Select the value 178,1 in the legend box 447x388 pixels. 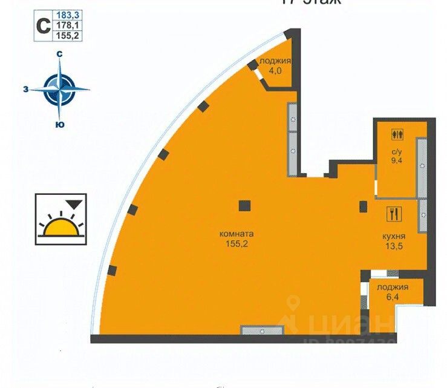click(x=67, y=25)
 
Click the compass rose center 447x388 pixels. click(x=60, y=89)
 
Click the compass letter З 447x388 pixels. click(x=25, y=89)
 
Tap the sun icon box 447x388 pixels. click(x=60, y=219)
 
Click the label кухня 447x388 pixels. click(x=394, y=236)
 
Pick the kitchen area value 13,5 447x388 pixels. click(x=394, y=246)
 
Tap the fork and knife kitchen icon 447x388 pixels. click(x=394, y=214)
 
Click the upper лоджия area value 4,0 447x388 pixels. click(x=275, y=70)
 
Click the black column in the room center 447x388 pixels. click(x=244, y=205)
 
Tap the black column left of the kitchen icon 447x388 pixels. click(x=363, y=206)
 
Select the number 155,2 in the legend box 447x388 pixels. click(x=67, y=35)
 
